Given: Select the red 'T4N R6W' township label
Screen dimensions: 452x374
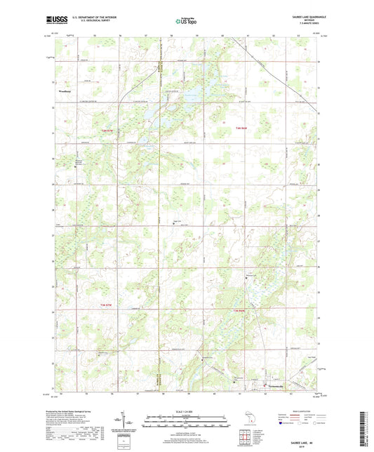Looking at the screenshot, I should click(242, 128).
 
